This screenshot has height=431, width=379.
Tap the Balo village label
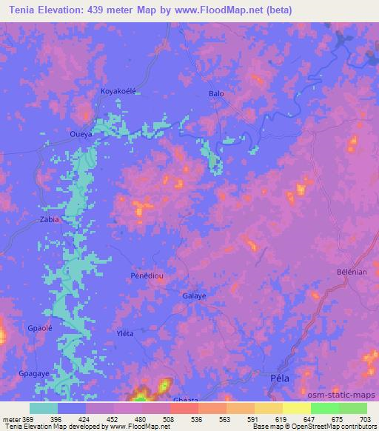[x=216, y=94]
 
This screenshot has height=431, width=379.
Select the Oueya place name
[x=81, y=134]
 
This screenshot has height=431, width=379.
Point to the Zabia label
[x=50, y=220]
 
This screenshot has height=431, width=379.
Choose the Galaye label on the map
[x=194, y=296]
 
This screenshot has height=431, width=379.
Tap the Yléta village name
[x=125, y=333]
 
